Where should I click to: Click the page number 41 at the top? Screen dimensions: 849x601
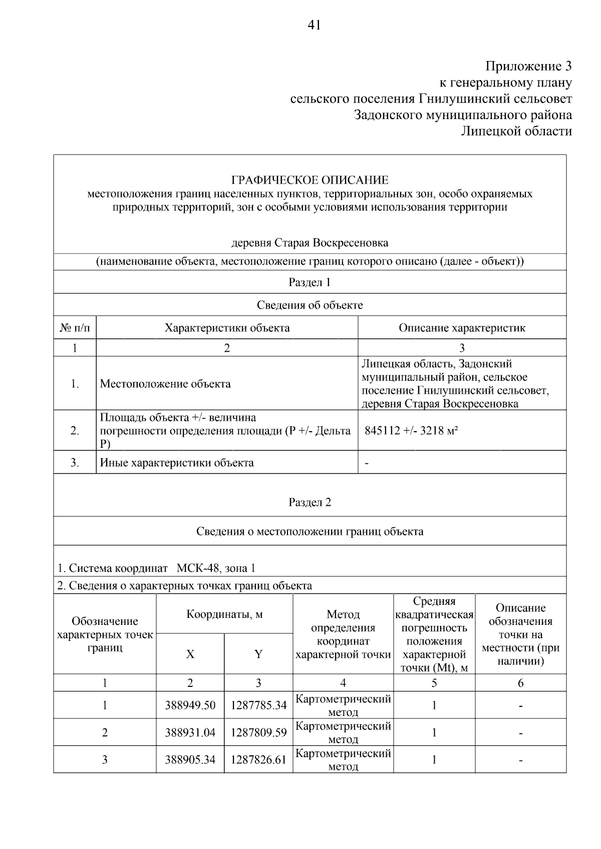pyautogui.click(x=314, y=25)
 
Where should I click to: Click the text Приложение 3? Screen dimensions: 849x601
pyautogui.click(x=528, y=66)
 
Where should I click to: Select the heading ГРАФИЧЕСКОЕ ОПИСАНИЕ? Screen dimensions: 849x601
pyautogui.click(x=310, y=180)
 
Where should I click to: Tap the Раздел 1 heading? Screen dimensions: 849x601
pyautogui.click(x=310, y=282)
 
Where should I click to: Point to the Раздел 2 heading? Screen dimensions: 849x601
pyautogui.click(x=310, y=502)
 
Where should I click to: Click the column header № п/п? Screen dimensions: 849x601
pyautogui.click(x=75, y=328)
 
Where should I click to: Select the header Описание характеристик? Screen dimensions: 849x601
pyautogui.click(x=462, y=328)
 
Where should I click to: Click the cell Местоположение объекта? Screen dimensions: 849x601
pyautogui.click(x=165, y=384)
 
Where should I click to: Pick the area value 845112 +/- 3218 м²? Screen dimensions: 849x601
pyautogui.click(x=412, y=431)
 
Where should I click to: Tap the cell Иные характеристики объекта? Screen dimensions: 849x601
pyautogui.click(x=177, y=463)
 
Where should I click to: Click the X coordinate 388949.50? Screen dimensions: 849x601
pyautogui.click(x=190, y=705)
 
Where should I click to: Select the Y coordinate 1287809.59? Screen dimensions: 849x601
pyautogui.click(x=258, y=733)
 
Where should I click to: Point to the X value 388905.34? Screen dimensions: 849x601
pyautogui.click(x=190, y=760)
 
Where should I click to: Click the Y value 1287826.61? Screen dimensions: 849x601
pyautogui.click(x=258, y=760)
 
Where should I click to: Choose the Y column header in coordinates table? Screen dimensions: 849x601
pyautogui.click(x=258, y=654)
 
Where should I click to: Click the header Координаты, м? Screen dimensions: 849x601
pyautogui.click(x=224, y=614)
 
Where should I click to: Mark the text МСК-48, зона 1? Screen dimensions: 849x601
pyautogui.click(x=216, y=568)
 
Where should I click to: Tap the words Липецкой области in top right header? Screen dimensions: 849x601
pyautogui.click(x=516, y=132)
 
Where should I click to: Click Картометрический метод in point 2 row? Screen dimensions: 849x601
pyautogui.click(x=343, y=732)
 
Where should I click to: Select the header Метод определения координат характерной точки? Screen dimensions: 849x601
pyautogui.click(x=343, y=634)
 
